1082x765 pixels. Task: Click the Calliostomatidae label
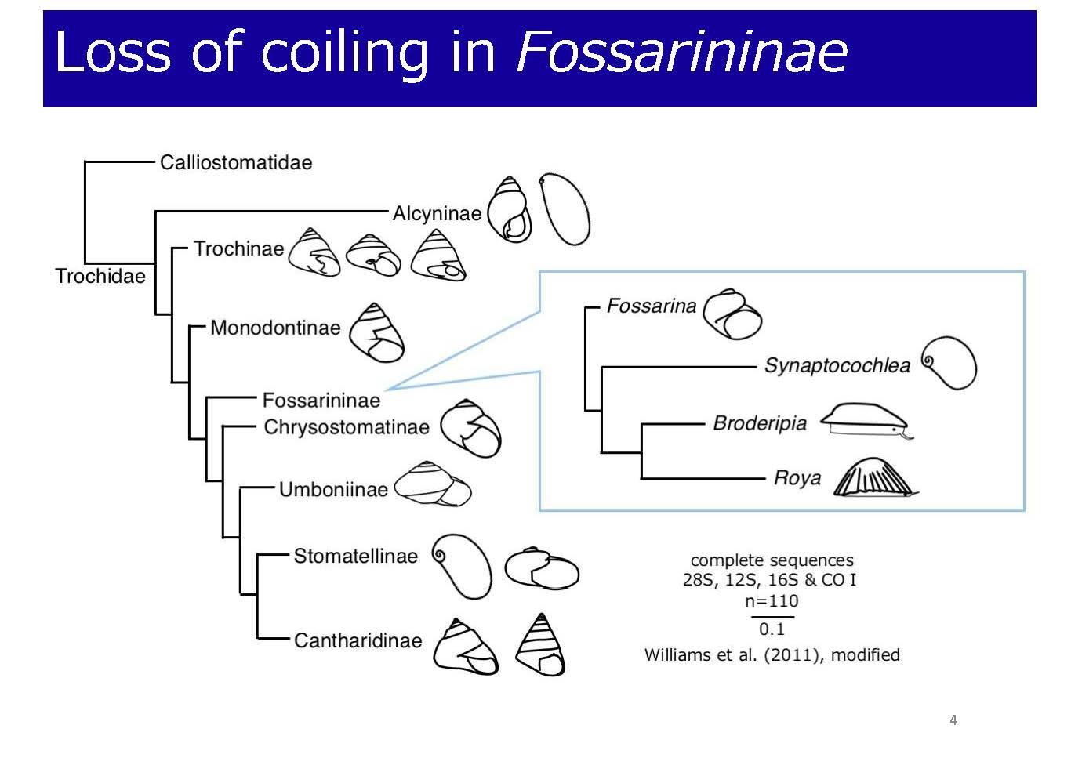[x=236, y=163]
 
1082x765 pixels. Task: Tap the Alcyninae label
[x=437, y=213]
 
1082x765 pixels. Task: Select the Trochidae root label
[x=100, y=277]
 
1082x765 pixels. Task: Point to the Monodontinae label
[x=275, y=328]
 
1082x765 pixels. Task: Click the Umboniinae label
[x=333, y=490]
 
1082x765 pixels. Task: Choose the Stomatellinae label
[x=355, y=557]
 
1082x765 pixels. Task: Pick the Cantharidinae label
[x=358, y=641]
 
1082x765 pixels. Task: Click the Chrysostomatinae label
[x=347, y=427]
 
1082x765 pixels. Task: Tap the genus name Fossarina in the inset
[x=652, y=306]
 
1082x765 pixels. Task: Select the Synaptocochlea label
[x=837, y=366]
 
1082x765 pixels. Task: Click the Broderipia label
[x=760, y=424]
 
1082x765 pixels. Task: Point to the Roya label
[x=797, y=478]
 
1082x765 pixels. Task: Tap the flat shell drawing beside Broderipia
[x=866, y=420]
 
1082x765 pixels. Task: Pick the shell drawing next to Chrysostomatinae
[x=470, y=429]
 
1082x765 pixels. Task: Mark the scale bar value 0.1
[x=772, y=629]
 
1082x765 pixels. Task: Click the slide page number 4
[x=953, y=720]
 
